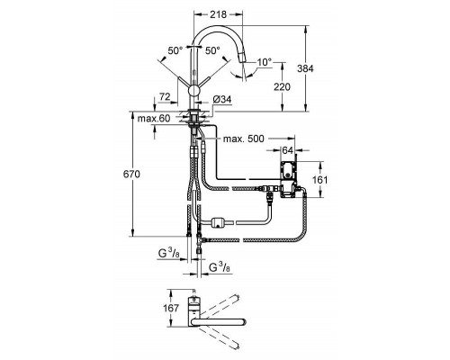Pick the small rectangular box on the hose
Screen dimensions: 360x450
pyautogui.click(x=217, y=222)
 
